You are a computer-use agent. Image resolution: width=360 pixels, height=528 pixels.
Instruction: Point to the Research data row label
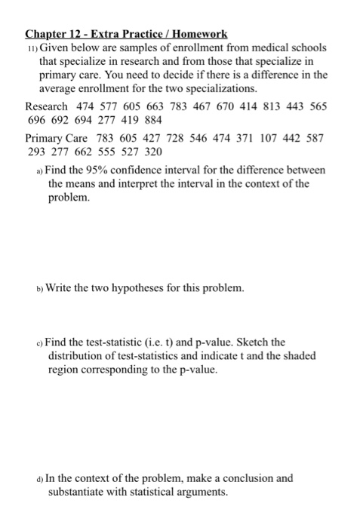click(47, 106)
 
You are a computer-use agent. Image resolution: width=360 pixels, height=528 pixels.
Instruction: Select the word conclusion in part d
click(247, 478)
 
